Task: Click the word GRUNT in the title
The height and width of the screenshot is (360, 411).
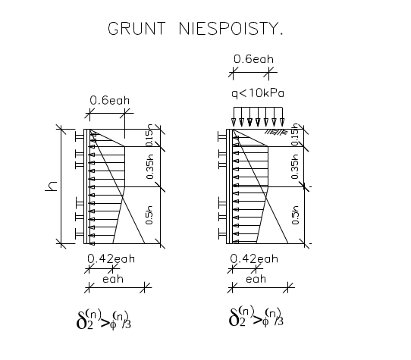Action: click(136, 28)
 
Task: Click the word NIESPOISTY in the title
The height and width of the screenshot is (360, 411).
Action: click(229, 28)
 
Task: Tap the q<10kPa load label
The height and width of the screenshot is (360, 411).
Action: click(258, 93)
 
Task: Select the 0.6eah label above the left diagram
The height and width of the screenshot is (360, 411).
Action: click(109, 100)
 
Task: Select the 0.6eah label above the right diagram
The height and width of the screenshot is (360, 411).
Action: click(253, 59)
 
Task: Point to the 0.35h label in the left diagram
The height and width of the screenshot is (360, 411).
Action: click(149, 167)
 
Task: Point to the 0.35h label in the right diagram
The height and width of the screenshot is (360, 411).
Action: click(295, 167)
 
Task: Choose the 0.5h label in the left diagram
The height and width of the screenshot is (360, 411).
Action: click(149, 215)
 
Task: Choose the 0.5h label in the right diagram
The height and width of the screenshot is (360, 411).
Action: click(295, 215)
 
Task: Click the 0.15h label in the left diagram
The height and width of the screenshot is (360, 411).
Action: click(149, 135)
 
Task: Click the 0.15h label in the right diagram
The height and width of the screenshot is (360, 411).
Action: click(295, 134)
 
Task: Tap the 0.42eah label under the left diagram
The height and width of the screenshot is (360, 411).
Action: click(111, 259)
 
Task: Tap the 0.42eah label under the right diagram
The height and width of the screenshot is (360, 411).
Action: click(254, 259)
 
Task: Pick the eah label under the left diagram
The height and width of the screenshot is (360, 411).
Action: click(113, 279)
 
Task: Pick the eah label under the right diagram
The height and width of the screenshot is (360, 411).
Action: click(256, 279)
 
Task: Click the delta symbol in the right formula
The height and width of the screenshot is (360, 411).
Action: click(234, 317)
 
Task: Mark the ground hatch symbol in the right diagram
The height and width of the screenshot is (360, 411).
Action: click(276, 132)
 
